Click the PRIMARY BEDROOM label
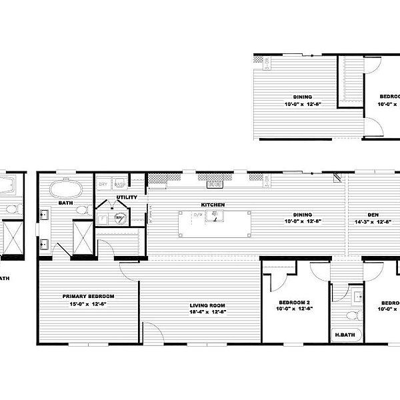tap(88, 295)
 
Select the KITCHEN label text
tap(213, 205)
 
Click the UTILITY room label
tap(127, 197)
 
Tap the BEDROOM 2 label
tap(295, 302)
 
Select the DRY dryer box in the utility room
tap(104, 184)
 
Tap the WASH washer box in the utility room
tap(119, 184)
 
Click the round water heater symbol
tap(119, 217)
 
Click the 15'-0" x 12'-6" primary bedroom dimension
tap(88, 303)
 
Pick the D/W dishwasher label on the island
tap(198, 215)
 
